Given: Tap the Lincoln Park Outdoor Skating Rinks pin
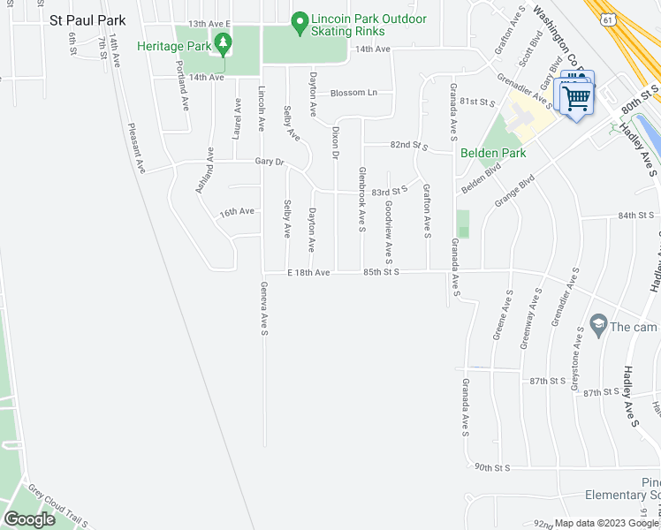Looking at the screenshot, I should (299, 19).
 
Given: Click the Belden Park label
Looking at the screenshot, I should (493, 153).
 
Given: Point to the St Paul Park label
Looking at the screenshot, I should (87, 19).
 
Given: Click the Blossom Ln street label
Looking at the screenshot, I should (353, 93).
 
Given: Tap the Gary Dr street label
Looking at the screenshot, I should (269, 162).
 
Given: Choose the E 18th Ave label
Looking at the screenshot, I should (308, 273).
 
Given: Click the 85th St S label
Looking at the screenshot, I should (381, 273).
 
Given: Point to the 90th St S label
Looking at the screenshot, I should (492, 466).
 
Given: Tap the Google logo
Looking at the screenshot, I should (30, 519).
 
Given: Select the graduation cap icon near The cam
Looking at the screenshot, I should (598, 327).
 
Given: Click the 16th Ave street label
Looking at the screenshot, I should (237, 212).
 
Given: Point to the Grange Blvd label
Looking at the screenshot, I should (515, 191).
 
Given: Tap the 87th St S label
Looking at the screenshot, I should (547, 381).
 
